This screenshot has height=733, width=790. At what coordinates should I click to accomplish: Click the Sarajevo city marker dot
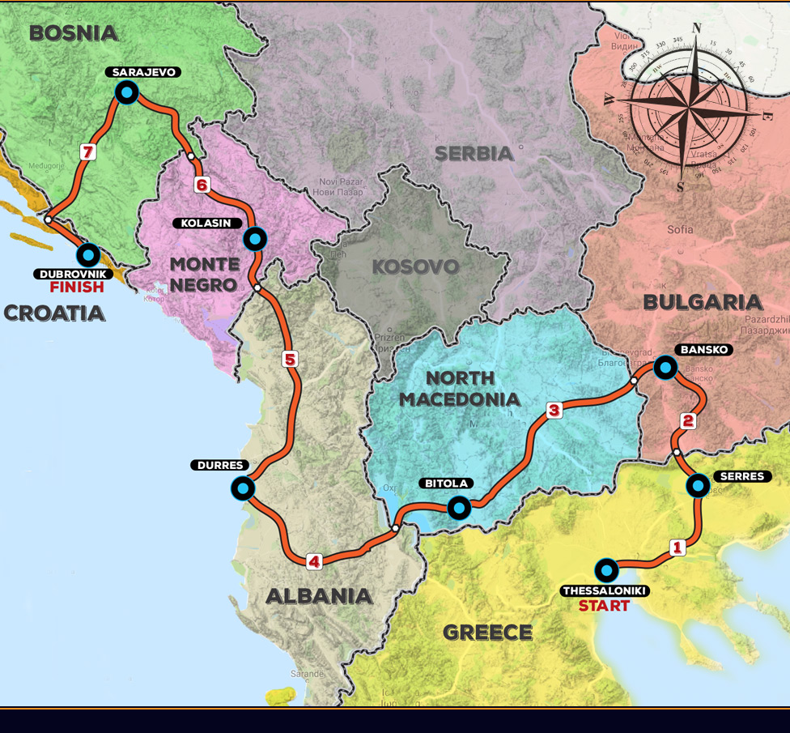click(x=127, y=93)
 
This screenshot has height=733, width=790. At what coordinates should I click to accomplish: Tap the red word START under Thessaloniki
click(x=604, y=605)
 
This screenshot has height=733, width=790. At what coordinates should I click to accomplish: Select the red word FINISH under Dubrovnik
click(x=77, y=287)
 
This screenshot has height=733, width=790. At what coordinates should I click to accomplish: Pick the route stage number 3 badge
click(x=554, y=411)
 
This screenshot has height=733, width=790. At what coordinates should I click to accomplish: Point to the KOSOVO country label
click(x=415, y=266)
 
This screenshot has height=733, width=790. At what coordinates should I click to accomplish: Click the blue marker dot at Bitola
click(x=459, y=508)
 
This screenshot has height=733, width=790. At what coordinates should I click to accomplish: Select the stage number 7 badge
click(x=88, y=151)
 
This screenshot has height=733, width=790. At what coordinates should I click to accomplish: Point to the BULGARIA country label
click(x=702, y=302)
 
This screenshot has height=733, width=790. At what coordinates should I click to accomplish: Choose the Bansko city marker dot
click(x=665, y=368)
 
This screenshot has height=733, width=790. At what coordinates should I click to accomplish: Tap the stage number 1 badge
click(x=678, y=548)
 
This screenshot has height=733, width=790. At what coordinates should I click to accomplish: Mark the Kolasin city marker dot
click(x=255, y=238)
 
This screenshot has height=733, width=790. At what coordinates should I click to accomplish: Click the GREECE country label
click(x=488, y=633)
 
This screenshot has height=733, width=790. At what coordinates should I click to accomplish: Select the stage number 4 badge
click(x=314, y=560)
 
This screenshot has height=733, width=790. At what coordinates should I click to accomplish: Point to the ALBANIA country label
click(x=319, y=596)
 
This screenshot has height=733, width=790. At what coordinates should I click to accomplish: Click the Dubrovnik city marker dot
click(x=89, y=254)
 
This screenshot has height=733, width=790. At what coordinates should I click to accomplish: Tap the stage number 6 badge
click(x=202, y=185)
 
